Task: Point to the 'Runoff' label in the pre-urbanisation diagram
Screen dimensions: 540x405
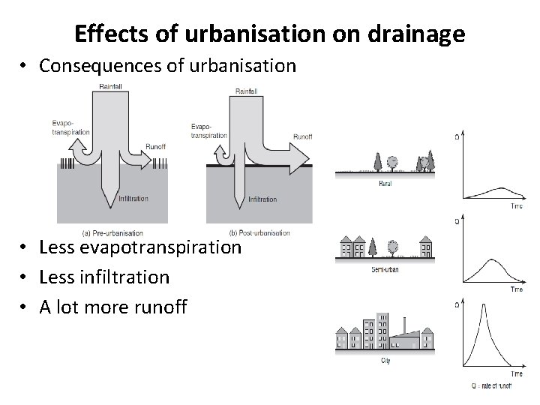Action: point(157,148)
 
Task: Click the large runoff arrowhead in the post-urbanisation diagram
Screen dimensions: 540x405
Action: point(299,158)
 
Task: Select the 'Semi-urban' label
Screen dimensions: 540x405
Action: point(384,269)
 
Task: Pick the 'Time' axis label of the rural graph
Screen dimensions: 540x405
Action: point(515,206)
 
